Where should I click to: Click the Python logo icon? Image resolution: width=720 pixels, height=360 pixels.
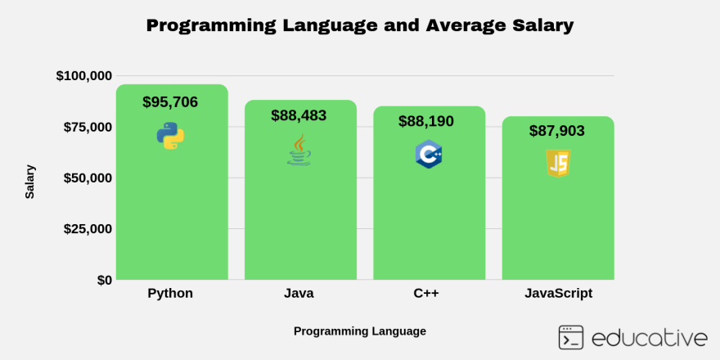coord(170,136)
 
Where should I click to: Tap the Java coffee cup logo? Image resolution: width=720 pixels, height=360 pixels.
coord(299,151)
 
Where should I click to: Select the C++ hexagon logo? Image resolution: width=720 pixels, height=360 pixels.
coord(429,155)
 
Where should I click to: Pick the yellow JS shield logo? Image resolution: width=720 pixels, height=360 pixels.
coord(558,164)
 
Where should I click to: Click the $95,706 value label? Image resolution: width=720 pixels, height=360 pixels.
coord(170,102)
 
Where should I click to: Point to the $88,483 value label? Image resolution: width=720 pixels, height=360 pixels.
coord(299,115)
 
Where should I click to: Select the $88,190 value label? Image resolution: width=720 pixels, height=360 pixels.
coord(426,121)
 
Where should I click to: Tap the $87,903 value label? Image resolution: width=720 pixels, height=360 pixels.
coord(557,130)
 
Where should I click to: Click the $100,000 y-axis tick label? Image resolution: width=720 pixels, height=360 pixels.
coord(84,76)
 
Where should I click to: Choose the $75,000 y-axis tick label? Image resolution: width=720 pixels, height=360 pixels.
coord(88,127)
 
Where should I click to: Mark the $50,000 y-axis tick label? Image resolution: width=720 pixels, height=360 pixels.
coord(88,178)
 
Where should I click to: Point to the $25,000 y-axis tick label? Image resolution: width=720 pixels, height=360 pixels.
coord(88,229)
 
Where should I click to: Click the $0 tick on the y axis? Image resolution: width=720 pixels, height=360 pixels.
coord(105,280)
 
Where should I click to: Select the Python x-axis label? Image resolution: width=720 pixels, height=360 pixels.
coord(170,293)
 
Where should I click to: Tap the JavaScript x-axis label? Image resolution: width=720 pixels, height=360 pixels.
coord(558,293)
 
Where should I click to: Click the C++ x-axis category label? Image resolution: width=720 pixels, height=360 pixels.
coord(426,293)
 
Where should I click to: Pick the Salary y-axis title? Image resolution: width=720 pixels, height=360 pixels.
coord(30,182)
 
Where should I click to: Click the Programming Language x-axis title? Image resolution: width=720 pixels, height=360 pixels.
coord(360,331)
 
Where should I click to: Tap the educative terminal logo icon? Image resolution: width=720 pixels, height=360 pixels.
coord(571,337)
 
